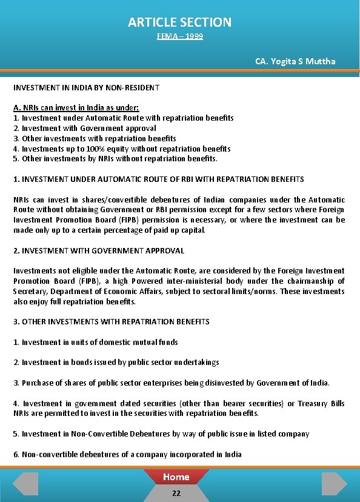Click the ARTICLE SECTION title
point(179,22)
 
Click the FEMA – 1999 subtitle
point(179,37)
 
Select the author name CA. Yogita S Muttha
point(295,61)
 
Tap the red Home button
point(176,477)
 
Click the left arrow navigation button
point(25,483)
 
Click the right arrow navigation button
point(334,483)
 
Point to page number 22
point(176,493)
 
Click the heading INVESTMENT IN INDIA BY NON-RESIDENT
point(86,88)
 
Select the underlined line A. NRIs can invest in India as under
point(76,107)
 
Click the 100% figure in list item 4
point(97,149)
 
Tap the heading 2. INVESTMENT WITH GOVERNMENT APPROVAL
point(99,250)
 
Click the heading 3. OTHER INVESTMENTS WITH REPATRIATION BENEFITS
point(112,321)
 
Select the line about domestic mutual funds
point(96,342)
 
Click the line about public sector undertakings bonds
point(116,363)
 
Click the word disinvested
point(224,383)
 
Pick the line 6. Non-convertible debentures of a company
point(127,454)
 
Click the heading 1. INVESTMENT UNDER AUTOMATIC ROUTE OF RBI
point(159,179)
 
